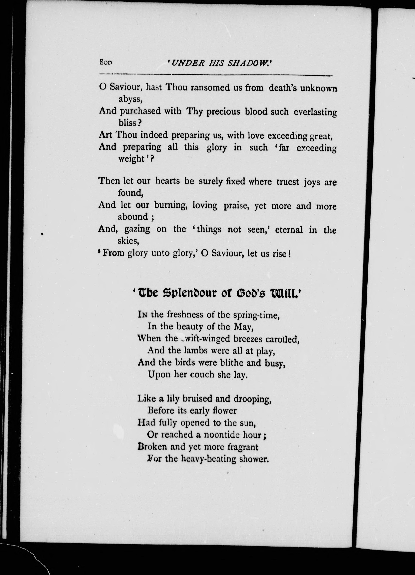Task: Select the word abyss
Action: (x=130, y=99)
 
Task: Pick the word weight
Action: (x=131, y=159)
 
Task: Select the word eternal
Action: (x=289, y=230)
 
